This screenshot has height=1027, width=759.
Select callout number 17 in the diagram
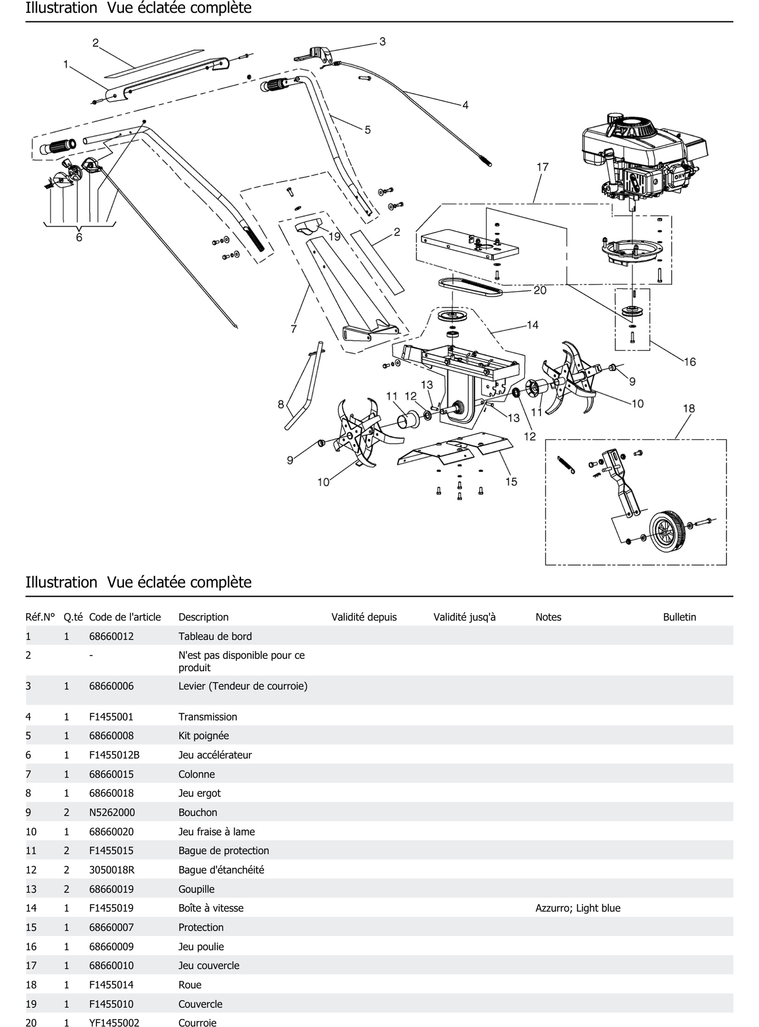click(x=543, y=167)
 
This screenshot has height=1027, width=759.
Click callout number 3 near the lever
click(x=382, y=42)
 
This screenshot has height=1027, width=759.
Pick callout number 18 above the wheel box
click(x=689, y=408)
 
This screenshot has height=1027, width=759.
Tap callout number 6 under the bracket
click(x=79, y=237)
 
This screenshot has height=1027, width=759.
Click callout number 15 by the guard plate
click(x=511, y=482)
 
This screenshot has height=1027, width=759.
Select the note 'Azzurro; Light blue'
click(x=578, y=908)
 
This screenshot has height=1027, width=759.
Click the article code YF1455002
click(x=114, y=1022)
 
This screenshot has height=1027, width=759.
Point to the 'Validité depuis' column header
click(x=364, y=617)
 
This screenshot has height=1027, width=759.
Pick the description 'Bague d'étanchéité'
click(x=221, y=870)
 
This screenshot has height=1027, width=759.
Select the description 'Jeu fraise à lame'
click(x=216, y=832)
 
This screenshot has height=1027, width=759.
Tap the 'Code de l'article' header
click(x=125, y=617)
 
